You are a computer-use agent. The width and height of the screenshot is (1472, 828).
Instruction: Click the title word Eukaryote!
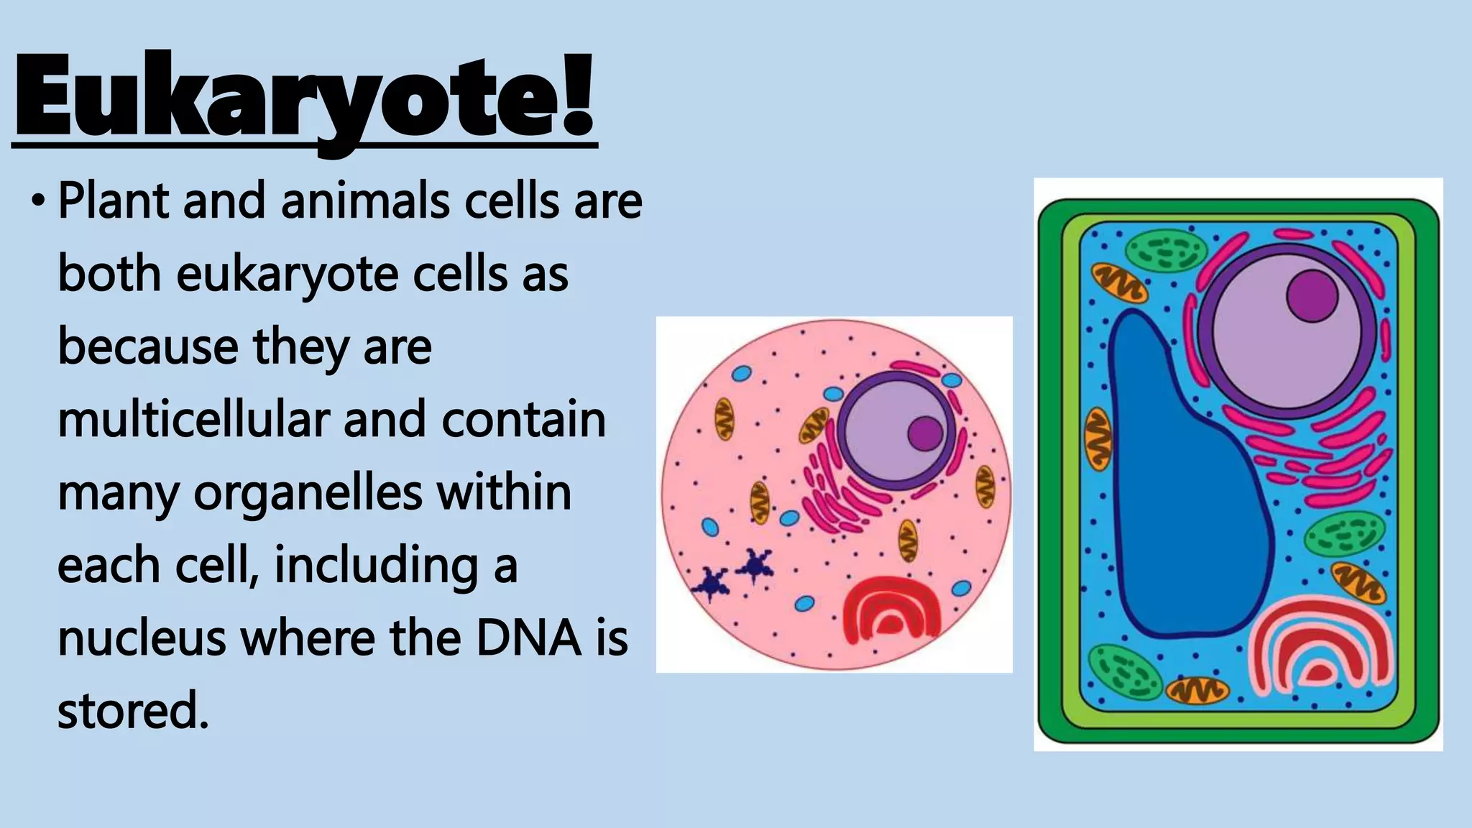tap(305, 97)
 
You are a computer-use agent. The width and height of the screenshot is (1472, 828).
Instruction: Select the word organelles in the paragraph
tap(308, 493)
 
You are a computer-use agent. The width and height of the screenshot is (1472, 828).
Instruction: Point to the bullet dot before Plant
tap(37, 202)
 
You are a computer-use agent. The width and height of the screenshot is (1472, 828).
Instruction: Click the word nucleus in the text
tap(141, 638)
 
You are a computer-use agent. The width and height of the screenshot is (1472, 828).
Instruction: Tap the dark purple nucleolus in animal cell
tap(925, 433)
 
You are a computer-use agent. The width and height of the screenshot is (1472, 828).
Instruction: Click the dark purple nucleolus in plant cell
tap(1312, 295)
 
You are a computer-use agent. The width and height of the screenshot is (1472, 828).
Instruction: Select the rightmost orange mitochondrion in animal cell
tap(985, 487)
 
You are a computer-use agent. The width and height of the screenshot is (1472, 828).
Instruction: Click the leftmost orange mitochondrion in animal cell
tap(723, 419)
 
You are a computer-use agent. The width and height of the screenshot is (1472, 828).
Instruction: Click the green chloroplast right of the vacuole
tap(1344, 535)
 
